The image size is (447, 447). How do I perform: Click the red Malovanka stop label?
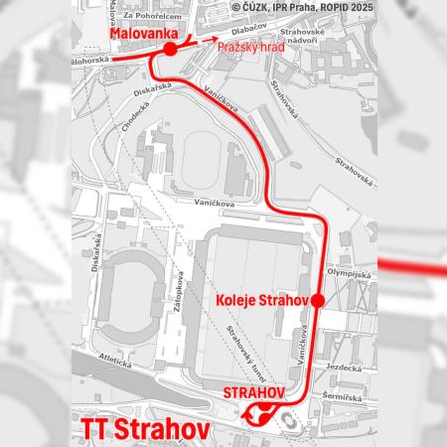click(x=136, y=32)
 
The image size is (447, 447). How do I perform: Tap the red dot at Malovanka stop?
click(x=170, y=49)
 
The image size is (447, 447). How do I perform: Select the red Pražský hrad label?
click(x=243, y=47)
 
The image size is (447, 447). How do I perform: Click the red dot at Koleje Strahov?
click(x=317, y=300)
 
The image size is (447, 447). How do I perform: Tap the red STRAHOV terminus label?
click(x=251, y=392)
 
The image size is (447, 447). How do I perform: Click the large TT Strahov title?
click(x=140, y=429)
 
